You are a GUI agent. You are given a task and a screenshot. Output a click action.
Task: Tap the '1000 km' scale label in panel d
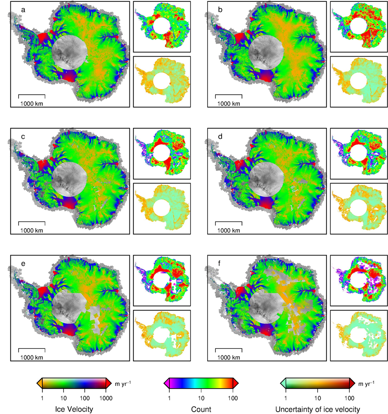coord(228,230)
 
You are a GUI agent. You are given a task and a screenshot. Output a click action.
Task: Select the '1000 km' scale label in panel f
coord(228,358)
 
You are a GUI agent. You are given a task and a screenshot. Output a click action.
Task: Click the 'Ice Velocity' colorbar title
coord(74,408)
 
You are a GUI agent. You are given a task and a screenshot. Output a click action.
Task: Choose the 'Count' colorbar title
coord(201,408)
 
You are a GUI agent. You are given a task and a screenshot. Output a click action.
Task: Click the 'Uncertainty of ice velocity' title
coord(317,408)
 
